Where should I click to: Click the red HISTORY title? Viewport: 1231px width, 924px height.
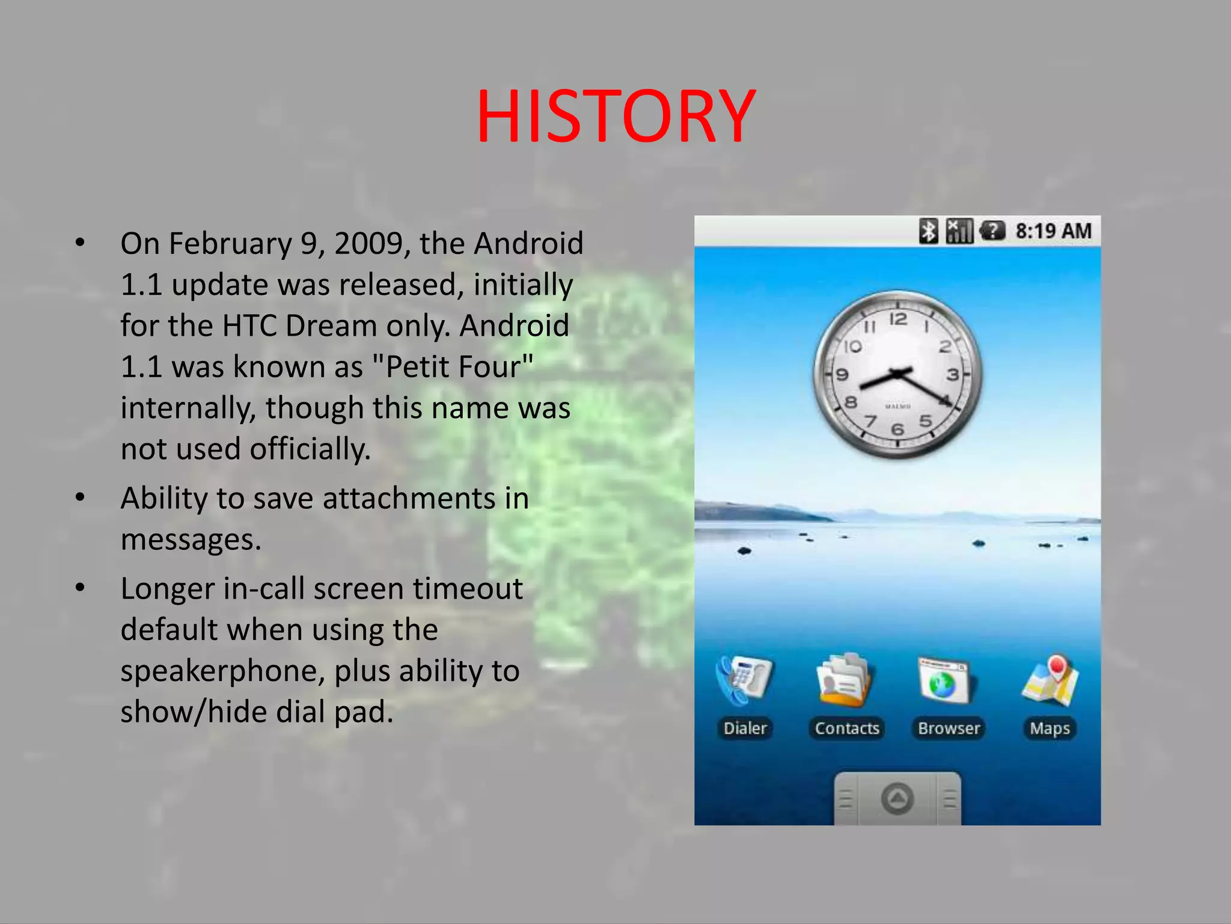point(615,117)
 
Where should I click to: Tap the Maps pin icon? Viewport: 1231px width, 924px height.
point(1051,680)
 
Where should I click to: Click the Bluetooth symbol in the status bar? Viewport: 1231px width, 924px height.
point(928,231)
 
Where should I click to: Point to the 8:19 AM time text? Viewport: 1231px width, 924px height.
point(1053,231)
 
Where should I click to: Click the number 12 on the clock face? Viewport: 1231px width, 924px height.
point(898,319)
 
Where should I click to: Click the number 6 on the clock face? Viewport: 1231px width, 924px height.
point(897,429)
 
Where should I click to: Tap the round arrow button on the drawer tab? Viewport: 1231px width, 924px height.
point(897,799)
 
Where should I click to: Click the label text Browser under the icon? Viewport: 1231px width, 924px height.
point(948,728)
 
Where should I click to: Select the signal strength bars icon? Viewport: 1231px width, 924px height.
point(959,231)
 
